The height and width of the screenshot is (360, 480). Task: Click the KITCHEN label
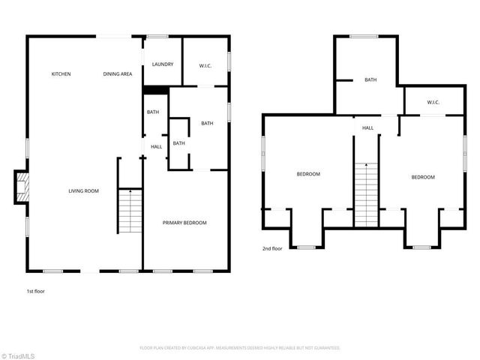click(61, 74)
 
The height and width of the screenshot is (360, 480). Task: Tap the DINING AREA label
click(118, 74)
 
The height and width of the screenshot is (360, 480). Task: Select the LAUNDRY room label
click(163, 64)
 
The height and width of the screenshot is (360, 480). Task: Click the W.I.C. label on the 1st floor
click(205, 66)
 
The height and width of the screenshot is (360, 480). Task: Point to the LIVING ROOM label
click(84, 191)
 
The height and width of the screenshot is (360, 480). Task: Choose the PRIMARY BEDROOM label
click(184, 223)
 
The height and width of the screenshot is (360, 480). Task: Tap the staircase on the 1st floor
click(129, 211)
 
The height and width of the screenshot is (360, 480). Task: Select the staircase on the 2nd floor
click(366, 195)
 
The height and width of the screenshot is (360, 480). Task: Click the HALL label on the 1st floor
click(156, 147)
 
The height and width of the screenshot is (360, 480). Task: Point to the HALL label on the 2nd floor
click(367, 128)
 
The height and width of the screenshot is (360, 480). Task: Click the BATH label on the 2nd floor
click(370, 80)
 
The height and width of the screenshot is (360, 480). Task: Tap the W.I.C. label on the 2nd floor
click(433, 102)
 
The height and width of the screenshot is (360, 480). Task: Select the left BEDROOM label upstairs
click(307, 174)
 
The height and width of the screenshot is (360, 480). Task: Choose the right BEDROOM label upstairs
click(422, 177)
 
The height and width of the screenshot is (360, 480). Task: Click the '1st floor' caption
click(35, 290)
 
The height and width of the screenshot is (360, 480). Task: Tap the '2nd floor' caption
click(272, 248)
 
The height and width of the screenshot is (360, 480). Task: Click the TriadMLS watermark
click(18, 354)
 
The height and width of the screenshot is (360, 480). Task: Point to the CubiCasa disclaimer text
click(240, 348)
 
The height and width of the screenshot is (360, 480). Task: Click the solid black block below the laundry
click(155, 91)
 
